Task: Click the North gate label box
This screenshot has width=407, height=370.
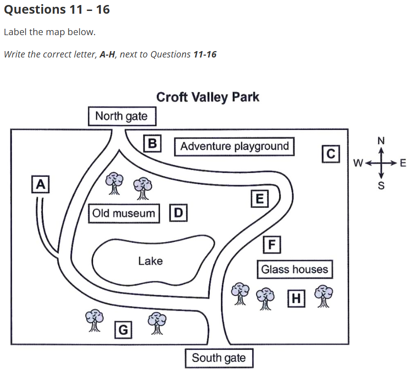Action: [x=122, y=116]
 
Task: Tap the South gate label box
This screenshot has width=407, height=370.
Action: [x=219, y=358]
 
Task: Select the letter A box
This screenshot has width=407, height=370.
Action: [x=41, y=184]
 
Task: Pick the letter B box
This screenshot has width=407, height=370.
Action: [x=152, y=143]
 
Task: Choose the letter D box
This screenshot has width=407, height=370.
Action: [x=178, y=213]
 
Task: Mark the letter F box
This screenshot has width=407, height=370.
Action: [x=272, y=245]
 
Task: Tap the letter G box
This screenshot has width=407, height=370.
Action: [x=123, y=329]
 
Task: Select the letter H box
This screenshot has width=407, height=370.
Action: [x=296, y=298]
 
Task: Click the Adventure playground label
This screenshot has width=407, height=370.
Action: [x=235, y=146]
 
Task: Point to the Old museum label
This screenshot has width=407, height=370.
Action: [x=124, y=213]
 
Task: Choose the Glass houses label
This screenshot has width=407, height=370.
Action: [x=294, y=269]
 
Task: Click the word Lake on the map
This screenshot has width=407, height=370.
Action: [x=150, y=261]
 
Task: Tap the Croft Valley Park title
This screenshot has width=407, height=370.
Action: [x=208, y=97]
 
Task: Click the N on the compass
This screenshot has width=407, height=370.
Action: [x=381, y=140]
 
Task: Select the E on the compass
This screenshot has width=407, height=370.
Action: [x=402, y=163]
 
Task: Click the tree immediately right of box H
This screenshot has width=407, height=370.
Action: [x=324, y=296]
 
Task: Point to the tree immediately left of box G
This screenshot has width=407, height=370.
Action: [x=94, y=319]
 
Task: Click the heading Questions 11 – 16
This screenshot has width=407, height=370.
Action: [x=57, y=9]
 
